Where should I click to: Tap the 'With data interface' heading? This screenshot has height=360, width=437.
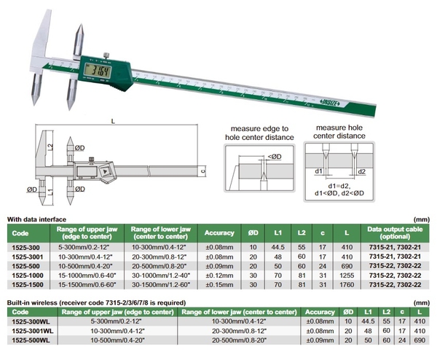point(36,218)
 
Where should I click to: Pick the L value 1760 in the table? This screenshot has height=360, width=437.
point(342,286)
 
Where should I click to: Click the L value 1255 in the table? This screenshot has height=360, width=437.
point(342,276)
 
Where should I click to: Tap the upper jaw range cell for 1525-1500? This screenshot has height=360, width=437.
point(82,286)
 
